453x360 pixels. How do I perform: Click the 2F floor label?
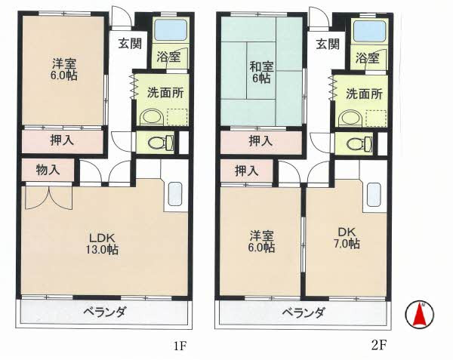coord(379,346)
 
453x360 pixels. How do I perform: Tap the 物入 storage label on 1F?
coord(47,171)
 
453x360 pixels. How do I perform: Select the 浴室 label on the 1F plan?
coord(168,57)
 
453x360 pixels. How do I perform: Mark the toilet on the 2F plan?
coord(357,142)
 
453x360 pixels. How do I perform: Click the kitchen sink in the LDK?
coord(175,195)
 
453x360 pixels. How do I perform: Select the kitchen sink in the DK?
coord(374,195)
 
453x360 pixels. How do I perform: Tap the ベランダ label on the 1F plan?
coord(105,313)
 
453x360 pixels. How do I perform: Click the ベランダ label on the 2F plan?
coord(304,313)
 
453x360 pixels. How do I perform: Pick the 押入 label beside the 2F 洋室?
coord(247,171)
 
